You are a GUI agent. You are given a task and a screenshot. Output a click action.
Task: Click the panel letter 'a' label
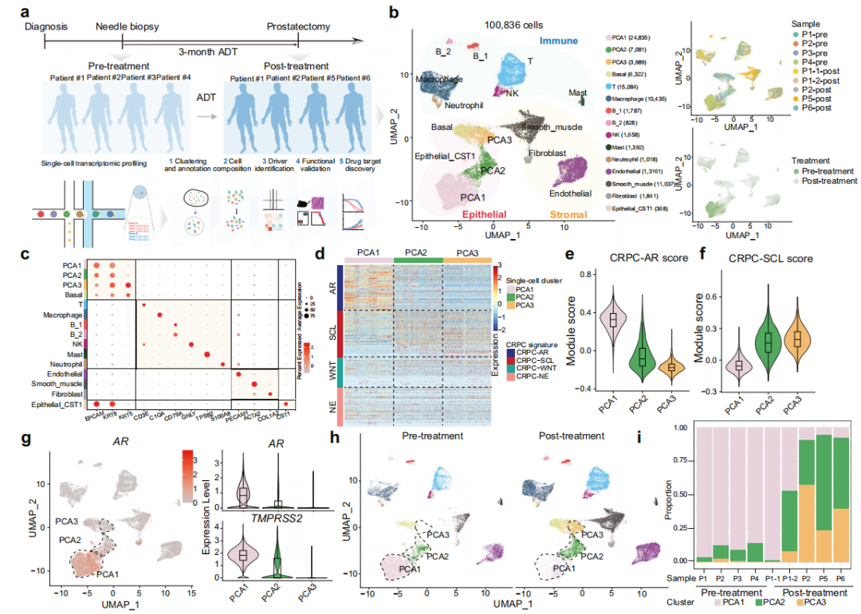tap(27, 12)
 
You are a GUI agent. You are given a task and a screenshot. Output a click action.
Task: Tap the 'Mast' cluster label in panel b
tap(578, 93)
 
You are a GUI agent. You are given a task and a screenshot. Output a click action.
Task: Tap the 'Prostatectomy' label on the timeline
tap(297, 27)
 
